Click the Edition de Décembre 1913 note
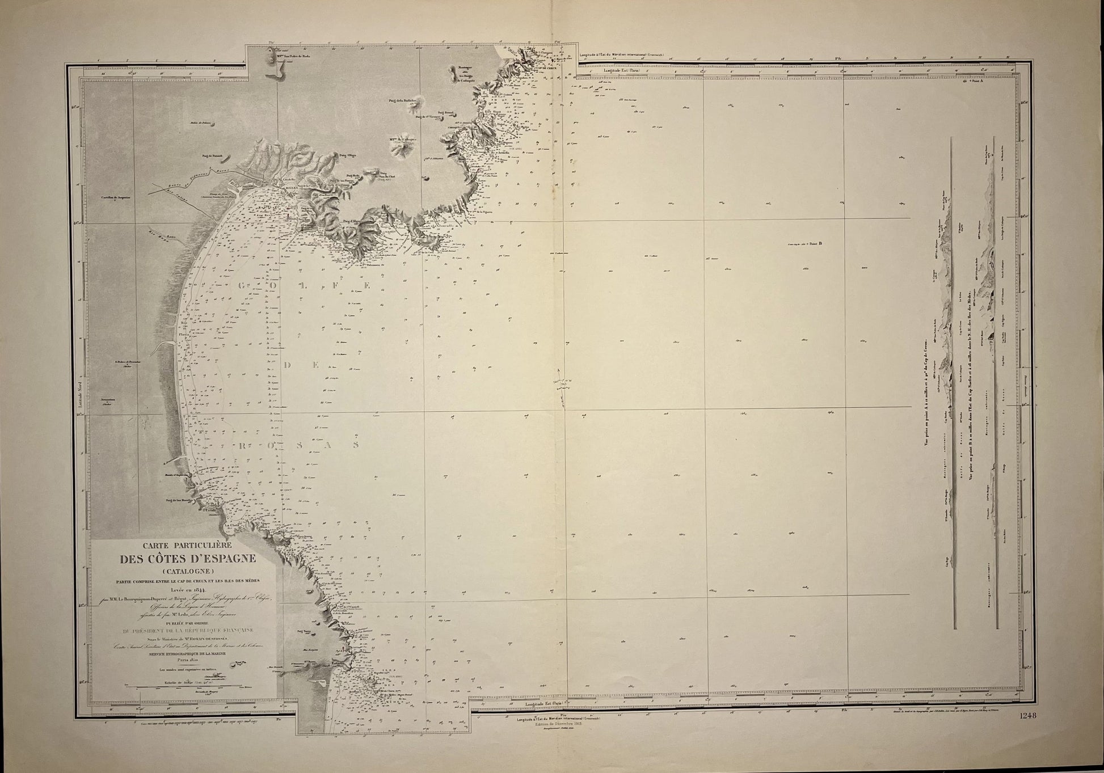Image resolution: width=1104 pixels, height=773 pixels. coord(558,724)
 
